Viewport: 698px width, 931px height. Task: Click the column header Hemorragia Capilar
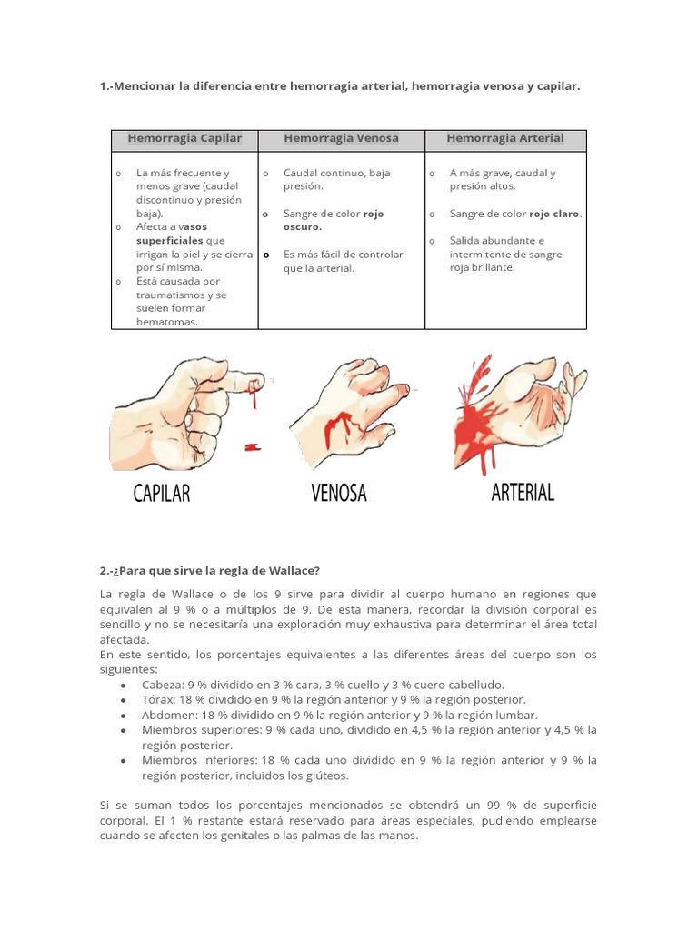click(184, 139)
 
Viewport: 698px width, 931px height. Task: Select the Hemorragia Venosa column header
click(341, 139)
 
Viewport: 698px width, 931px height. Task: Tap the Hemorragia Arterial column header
click(505, 139)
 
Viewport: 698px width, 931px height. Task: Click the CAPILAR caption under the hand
click(162, 494)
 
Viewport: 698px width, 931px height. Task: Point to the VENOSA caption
click(339, 494)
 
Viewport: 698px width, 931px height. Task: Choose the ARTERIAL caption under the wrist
click(522, 493)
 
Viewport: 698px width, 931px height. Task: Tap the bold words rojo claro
click(554, 214)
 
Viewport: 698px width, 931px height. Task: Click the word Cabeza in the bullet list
click(161, 685)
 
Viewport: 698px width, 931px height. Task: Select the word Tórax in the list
click(158, 700)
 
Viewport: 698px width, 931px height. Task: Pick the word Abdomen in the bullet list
click(165, 715)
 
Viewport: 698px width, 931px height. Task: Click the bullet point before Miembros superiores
click(123, 730)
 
